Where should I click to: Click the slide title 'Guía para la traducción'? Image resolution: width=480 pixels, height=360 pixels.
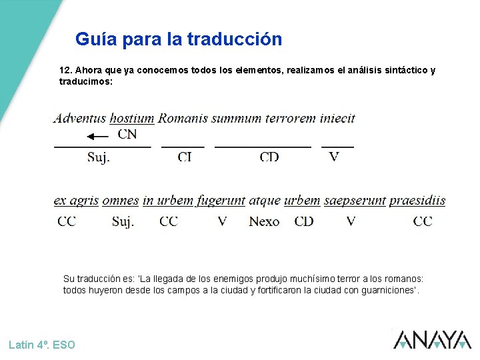pyautogui.click(x=179, y=39)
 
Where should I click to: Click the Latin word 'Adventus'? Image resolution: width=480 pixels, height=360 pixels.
pyautogui.click(x=79, y=119)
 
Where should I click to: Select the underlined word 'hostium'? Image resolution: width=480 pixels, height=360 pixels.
pyautogui.click(x=132, y=119)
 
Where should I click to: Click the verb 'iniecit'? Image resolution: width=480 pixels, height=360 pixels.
pyautogui.click(x=337, y=119)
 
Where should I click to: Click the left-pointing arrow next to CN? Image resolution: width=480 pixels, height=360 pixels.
pyautogui.click(x=97, y=136)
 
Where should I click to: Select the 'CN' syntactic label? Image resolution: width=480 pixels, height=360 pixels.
pyautogui.click(x=127, y=135)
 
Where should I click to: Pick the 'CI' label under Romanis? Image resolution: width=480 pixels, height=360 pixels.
pyautogui.click(x=184, y=157)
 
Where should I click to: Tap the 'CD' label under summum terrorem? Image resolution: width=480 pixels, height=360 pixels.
pyautogui.click(x=269, y=157)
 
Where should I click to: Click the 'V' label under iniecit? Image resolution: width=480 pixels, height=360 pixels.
pyautogui.click(x=334, y=157)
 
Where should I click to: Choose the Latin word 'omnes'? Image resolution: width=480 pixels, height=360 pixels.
pyautogui.click(x=121, y=201)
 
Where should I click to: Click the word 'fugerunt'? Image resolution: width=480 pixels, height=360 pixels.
pyautogui.click(x=220, y=201)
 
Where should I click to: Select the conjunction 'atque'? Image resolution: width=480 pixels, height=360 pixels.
pyautogui.click(x=265, y=201)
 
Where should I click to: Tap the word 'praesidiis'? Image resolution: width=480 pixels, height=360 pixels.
pyautogui.click(x=417, y=201)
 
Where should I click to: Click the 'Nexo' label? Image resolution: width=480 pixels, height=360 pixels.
pyautogui.click(x=264, y=221)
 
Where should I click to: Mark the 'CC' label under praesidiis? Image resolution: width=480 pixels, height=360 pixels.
pyautogui.click(x=423, y=221)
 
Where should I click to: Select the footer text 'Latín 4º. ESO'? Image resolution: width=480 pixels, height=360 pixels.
pyautogui.click(x=42, y=345)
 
